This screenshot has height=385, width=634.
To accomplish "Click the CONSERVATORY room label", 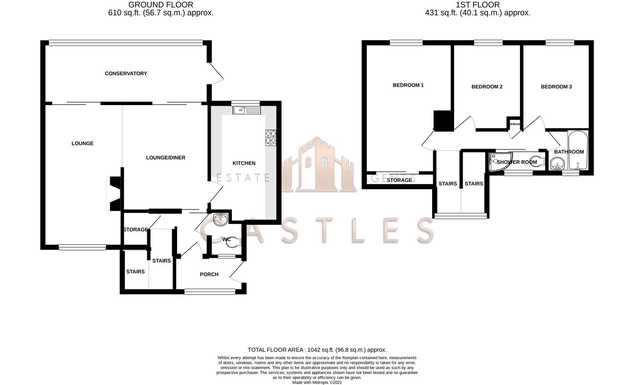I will click(126, 73).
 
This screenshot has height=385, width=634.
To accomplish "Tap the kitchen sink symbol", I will click(247, 110).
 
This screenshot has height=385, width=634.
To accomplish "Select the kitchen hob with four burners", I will click(270, 137).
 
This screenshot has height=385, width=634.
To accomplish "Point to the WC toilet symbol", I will click(234, 241).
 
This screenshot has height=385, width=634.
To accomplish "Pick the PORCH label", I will click(209, 274).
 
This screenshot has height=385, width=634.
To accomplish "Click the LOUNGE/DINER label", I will click(166, 158).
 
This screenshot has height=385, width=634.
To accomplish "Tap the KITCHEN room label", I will click(244, 163).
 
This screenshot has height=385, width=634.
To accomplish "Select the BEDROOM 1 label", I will click(408, 85).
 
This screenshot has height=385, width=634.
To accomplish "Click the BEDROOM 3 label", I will click(556, 87).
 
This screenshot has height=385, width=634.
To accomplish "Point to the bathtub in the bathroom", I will click(578, 150).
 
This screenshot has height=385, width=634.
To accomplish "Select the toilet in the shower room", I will click(538, 161).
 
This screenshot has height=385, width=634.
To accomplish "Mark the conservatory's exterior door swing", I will click(215, 74).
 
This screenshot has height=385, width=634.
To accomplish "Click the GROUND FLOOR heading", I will click(161, 5).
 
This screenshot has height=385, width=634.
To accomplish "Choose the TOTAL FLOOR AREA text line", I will click(317, 350).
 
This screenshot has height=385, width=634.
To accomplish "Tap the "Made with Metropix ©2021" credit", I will click(317, 383).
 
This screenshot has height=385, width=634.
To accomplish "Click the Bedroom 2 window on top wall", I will click(488, 43).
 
